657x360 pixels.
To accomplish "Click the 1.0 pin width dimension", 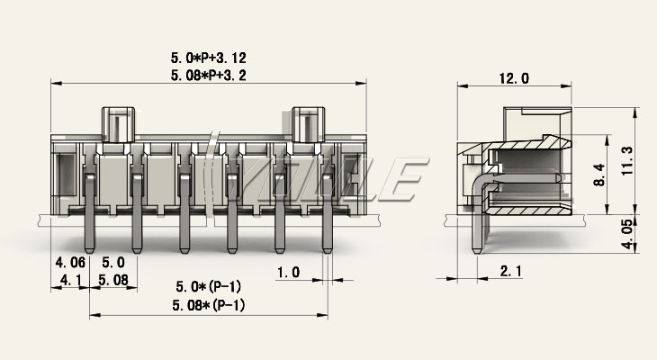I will coord(288,271).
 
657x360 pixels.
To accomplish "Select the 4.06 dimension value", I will coord(69,263).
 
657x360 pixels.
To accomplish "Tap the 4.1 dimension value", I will coord(69,281).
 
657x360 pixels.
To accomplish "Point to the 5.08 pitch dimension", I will coord(112,281).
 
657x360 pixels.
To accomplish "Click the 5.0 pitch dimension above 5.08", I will coord(112,263).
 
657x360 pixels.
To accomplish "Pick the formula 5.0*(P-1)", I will coord(208,287).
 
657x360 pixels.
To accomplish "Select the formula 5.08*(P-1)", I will coord(208,305).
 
